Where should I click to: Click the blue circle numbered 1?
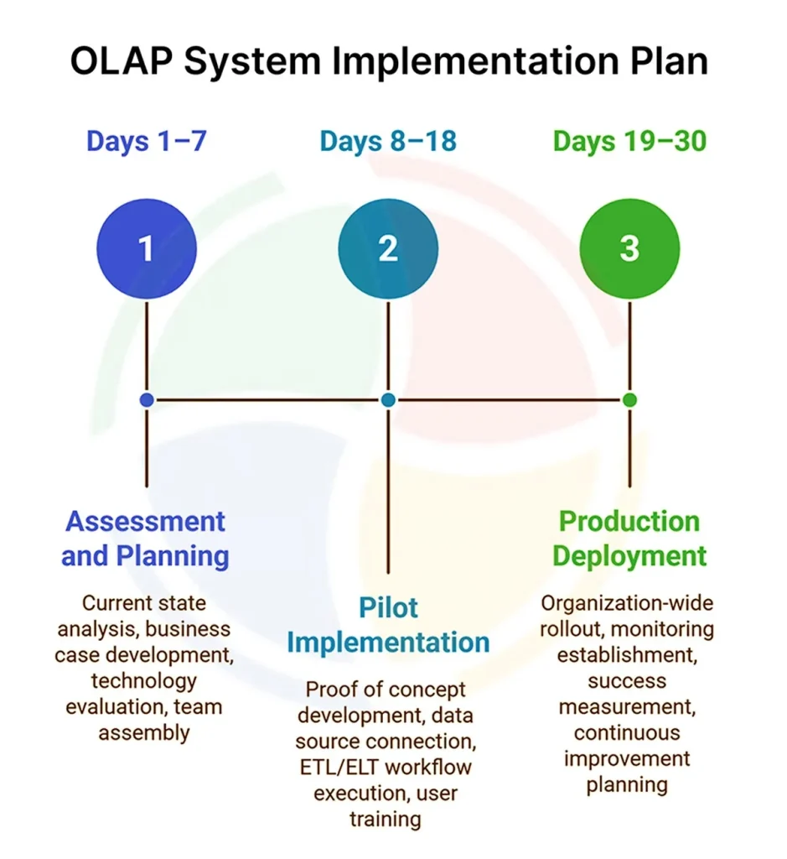(x=147, y=249)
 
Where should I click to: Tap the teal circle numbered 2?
(x=388, y=249)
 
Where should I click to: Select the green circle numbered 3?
(x=629, y=249)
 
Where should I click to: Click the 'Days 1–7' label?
(x=146, y=141)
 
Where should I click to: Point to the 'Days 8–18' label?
(x=388, y=141)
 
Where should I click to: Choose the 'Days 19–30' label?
(x=629, y=141)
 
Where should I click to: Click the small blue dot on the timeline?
(x=147, y=400)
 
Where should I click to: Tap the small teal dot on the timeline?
(x=388, y=400)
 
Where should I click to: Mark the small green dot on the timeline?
(x=629, y=400)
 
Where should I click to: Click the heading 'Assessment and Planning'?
(x=146, y=538)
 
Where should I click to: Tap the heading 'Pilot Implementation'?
(x=388, y=625)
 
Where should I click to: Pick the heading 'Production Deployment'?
(x=629, y=538)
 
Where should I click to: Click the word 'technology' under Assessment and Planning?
(x=144, y=680)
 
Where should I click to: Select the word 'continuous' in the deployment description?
(x=627, y=732)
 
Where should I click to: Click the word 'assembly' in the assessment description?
(x=144, y=732)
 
